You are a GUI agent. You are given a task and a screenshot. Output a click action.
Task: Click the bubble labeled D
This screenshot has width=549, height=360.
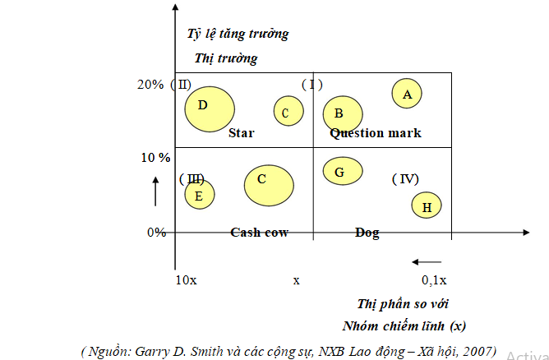tap(210, 108)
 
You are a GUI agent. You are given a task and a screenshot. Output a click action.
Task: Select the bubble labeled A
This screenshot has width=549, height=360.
tap(407, 95)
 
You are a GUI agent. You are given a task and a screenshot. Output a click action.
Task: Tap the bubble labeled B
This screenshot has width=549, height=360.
tap(343, 114)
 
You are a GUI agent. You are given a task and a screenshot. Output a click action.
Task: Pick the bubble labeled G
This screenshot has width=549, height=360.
tap(339, 171)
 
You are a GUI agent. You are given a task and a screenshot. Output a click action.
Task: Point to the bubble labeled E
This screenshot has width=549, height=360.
tap(199, 195)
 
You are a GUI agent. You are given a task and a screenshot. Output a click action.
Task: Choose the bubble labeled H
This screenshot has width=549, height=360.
tap(427, 207)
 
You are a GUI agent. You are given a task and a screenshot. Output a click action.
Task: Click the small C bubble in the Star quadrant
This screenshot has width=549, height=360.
tap(288, 112)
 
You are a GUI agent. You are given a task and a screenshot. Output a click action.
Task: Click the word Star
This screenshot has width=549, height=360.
tap(242, 133)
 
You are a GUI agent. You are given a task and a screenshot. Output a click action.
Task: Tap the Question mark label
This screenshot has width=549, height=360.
tap(376, 133)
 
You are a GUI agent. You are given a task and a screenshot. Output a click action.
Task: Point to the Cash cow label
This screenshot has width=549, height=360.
tap(259, 233)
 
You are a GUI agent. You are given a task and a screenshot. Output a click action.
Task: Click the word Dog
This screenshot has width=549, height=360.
tap(367, 233)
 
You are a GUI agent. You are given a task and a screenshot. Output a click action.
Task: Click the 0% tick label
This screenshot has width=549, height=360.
tap(156, 232)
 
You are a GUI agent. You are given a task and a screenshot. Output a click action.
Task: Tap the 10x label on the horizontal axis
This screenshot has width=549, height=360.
tap(187, 280)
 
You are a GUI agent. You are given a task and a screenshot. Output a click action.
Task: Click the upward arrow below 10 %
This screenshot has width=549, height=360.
tap(155, 190)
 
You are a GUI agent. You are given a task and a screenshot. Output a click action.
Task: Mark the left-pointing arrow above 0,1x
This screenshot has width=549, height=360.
tap(431, 262)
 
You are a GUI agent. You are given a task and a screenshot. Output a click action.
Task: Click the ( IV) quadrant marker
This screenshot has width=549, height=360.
tap(405, 178)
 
